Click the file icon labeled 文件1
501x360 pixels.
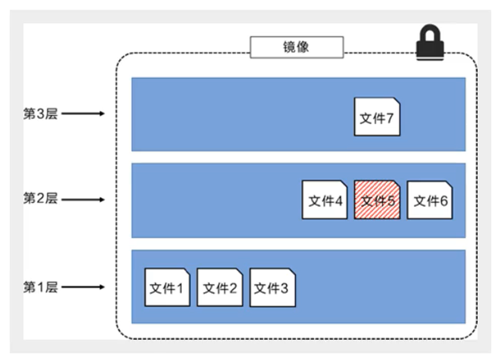click(x=167, y=287)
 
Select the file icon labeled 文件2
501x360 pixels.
click(x=220, y=287)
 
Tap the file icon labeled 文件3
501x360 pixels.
click(x=272, y=287)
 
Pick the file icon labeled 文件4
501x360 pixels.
click(x=325, y=200)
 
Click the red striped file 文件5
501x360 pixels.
click(x=377, y=200)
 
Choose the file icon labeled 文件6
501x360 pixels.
click(x=430, y=200)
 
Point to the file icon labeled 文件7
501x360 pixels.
click(x=377, y=117)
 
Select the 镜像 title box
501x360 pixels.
click(x=296, y=47)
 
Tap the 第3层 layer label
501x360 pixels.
click(x=41, y=114)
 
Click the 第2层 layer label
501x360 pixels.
click(x=41, y=198)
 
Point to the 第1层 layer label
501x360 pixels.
click(x=41, y=287)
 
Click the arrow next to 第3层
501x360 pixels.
click(x=83, y=114)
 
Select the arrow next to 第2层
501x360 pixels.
click(x=83, y=199)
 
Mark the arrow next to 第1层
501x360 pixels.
click(x=83, y=287)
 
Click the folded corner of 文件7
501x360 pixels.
click(x=396, y=102)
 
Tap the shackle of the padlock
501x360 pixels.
click(x=430, y=35)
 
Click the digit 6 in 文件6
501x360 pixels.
click(x=444, y=201)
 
